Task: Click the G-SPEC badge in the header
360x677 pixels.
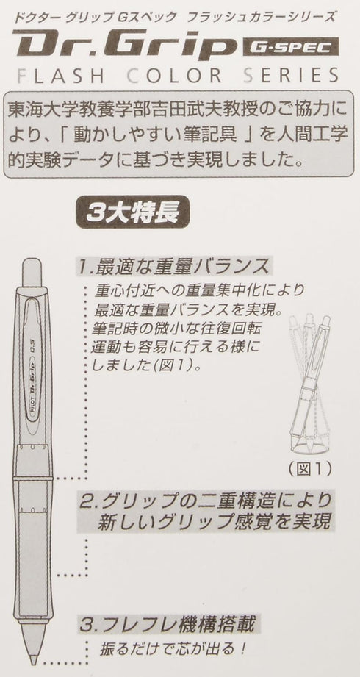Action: [290, 48]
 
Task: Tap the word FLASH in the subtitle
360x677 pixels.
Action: [63, 76]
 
